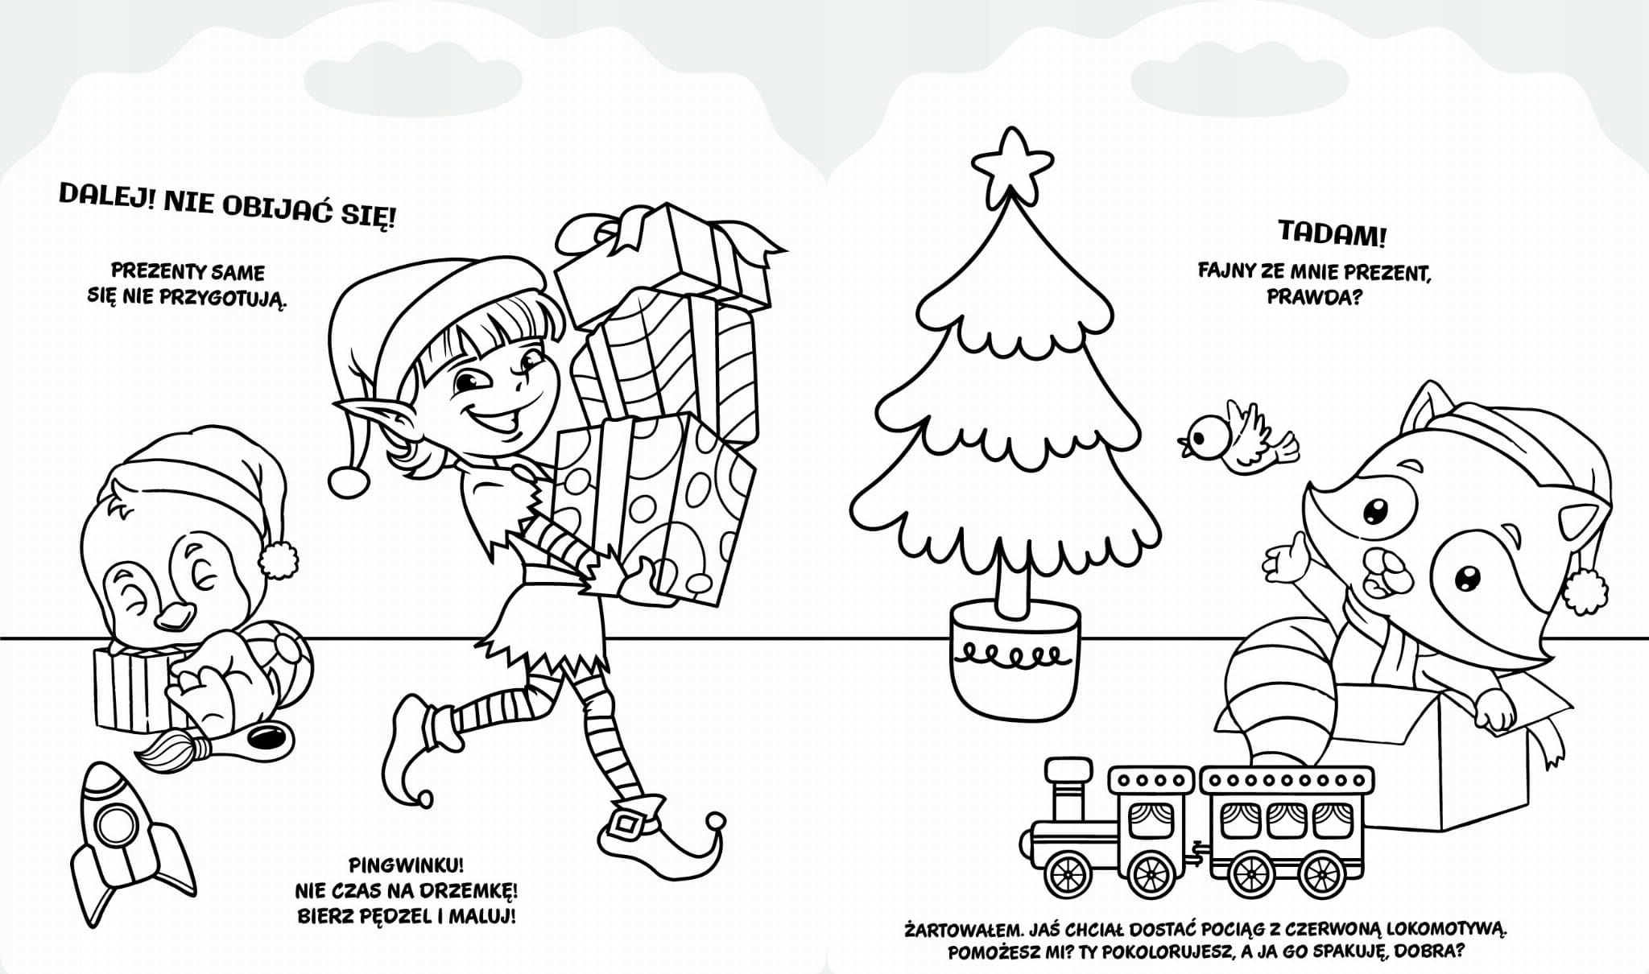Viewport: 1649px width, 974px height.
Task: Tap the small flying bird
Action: [x=1237, y=437]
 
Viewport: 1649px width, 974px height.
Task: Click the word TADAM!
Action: [x=1333, y=235]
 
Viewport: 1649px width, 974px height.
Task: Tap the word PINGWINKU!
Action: [x=407, y=866]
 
